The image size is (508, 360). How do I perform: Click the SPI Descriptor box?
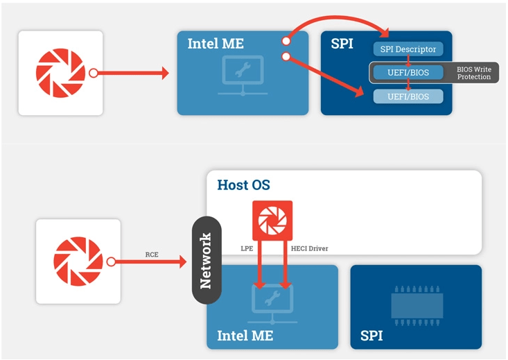click(408, 49)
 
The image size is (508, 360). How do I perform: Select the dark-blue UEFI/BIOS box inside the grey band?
click(408, 72)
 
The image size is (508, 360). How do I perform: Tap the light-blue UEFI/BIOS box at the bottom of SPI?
click(408, 96)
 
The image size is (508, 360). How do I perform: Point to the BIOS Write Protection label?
click(473, 73)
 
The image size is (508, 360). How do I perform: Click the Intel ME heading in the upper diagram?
click(216, 44)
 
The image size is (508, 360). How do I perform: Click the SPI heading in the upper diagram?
click(342, 44)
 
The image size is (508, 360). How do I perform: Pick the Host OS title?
click(243, 185)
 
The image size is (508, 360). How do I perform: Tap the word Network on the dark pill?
click(206, 260)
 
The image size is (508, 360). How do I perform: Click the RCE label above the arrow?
click(152, 255)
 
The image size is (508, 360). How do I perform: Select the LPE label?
click(247, 248)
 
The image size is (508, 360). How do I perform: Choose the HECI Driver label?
click(309, 248)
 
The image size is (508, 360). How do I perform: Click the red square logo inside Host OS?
click(272, 221)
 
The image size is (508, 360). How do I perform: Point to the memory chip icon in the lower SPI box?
click(417, 306)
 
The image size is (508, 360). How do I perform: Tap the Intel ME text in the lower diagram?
click(245, 336)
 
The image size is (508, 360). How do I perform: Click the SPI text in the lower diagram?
click(371, 336)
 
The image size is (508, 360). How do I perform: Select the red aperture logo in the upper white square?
click(60, 73)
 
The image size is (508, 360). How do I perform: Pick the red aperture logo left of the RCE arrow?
click(78, 262)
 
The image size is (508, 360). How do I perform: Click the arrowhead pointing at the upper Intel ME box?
click(165, 73)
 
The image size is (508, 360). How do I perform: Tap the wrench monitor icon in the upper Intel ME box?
click(243, 76)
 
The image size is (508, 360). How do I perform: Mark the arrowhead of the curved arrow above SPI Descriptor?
click(384, 33)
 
